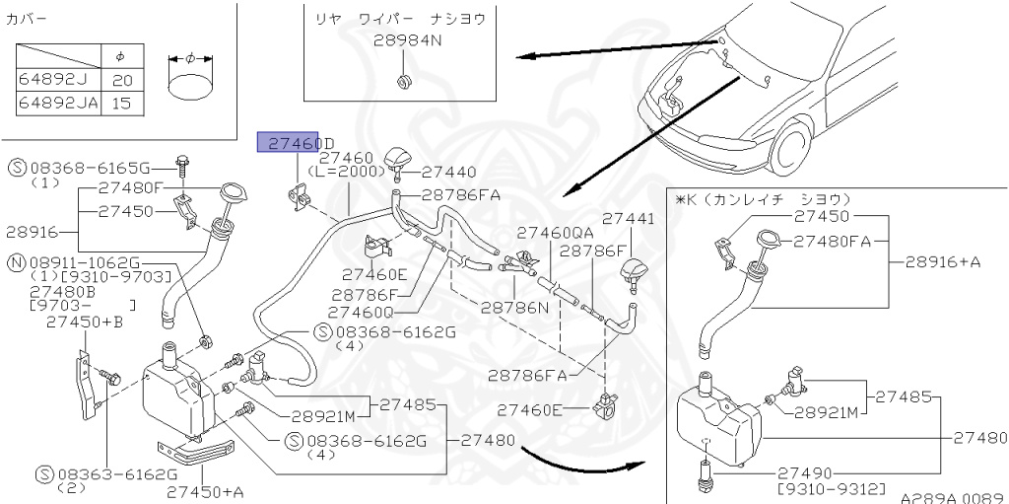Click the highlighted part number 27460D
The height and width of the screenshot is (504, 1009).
coord(296,144)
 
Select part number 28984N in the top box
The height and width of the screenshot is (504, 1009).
coord(407,41)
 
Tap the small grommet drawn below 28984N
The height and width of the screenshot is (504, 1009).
coord(404,79)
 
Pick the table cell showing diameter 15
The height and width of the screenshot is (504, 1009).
coord(120,102)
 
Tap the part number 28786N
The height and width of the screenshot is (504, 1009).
coord(513,307)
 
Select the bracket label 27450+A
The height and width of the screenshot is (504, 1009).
coord(205,491)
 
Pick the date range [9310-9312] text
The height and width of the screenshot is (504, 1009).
coord(831,488)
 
